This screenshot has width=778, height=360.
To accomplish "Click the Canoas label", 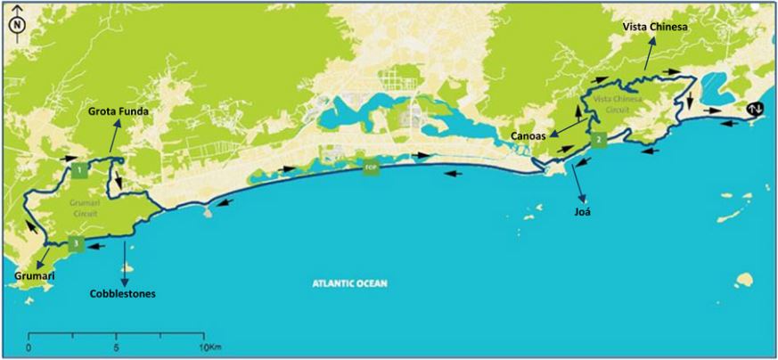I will [529, 135].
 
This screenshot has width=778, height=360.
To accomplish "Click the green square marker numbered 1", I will [80, 168].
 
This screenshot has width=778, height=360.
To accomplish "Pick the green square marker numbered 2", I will [599, 140].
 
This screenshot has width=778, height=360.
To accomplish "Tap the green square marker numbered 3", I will [78, 243].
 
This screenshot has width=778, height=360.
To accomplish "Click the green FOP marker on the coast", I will [371, 166].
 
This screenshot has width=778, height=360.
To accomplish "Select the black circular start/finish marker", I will [756, 110].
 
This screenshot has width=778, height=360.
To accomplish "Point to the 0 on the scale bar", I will [30, 347].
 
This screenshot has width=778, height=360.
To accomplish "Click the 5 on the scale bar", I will [117, 347].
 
